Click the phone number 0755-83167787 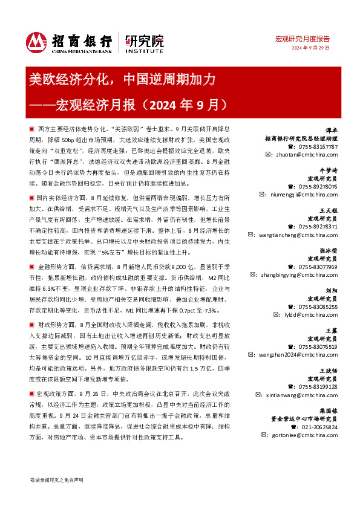(x=318, y=147)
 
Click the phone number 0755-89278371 (x=318, y=226)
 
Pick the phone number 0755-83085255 (x=318, y=306)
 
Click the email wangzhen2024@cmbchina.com (x=305, y=354)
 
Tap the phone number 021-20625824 (x=319, y=426)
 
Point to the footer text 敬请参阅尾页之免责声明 (x=57, y=479)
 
